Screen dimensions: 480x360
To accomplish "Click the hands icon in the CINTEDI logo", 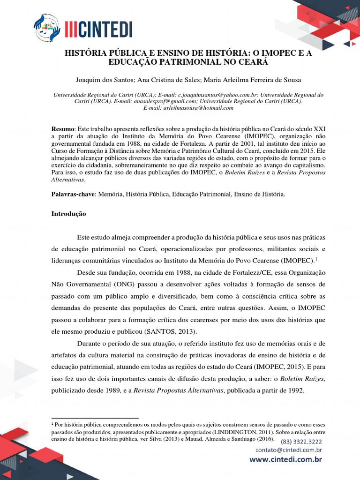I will [47, 28].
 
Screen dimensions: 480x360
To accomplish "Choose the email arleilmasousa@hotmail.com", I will [188, 108].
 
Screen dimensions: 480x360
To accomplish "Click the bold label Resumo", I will [63, 129].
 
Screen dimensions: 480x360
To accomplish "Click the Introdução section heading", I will [68, 213].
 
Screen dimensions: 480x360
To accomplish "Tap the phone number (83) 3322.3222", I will [301, 442].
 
